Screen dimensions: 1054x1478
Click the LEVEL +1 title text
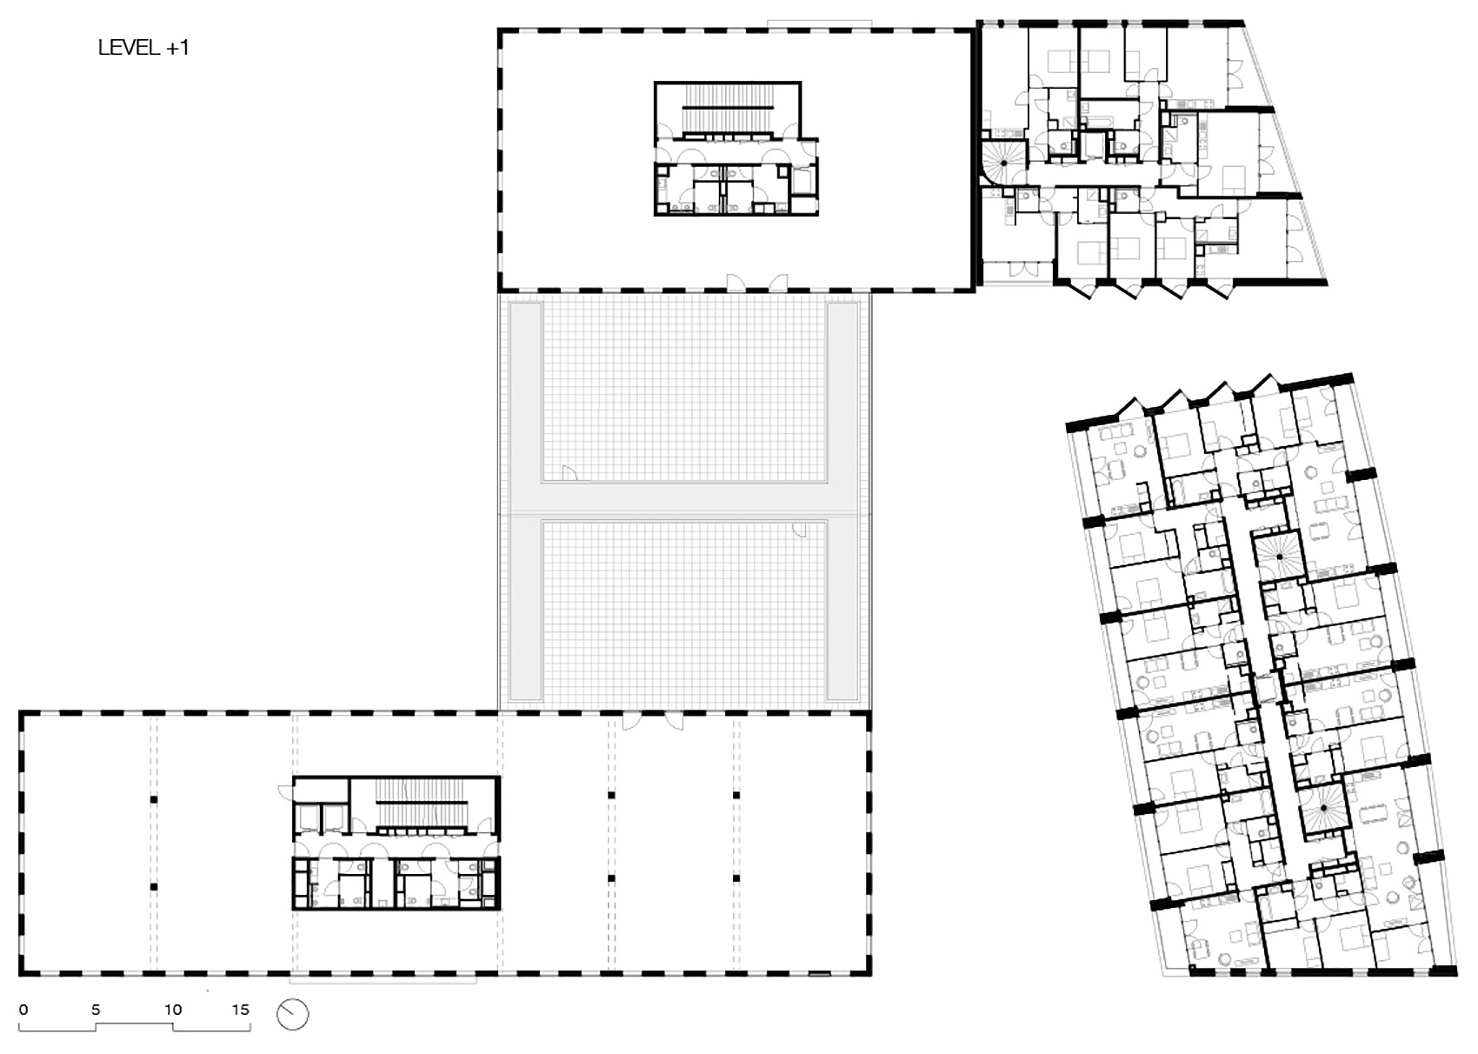click(x=143, y=48)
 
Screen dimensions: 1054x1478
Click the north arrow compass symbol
click(x=293, y=1014)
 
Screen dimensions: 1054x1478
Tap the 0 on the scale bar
click(x=23, y=1010)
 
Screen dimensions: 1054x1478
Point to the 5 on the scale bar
click(x=96, y=1010)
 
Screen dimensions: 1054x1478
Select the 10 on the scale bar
click(x=173, y=1010)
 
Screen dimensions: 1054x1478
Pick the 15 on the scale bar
click(x=241, y=1010)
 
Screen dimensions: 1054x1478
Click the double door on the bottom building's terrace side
click(x=652, y=722)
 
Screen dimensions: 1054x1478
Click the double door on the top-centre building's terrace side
click(x=757, y=282)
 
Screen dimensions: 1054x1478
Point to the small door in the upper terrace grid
click(x=570, y=473)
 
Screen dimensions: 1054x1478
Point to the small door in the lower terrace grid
click(x=799, y=529)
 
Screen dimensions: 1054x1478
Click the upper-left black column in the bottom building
click(x=154, y=798)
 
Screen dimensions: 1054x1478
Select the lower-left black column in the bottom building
click(x=154, y=887)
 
